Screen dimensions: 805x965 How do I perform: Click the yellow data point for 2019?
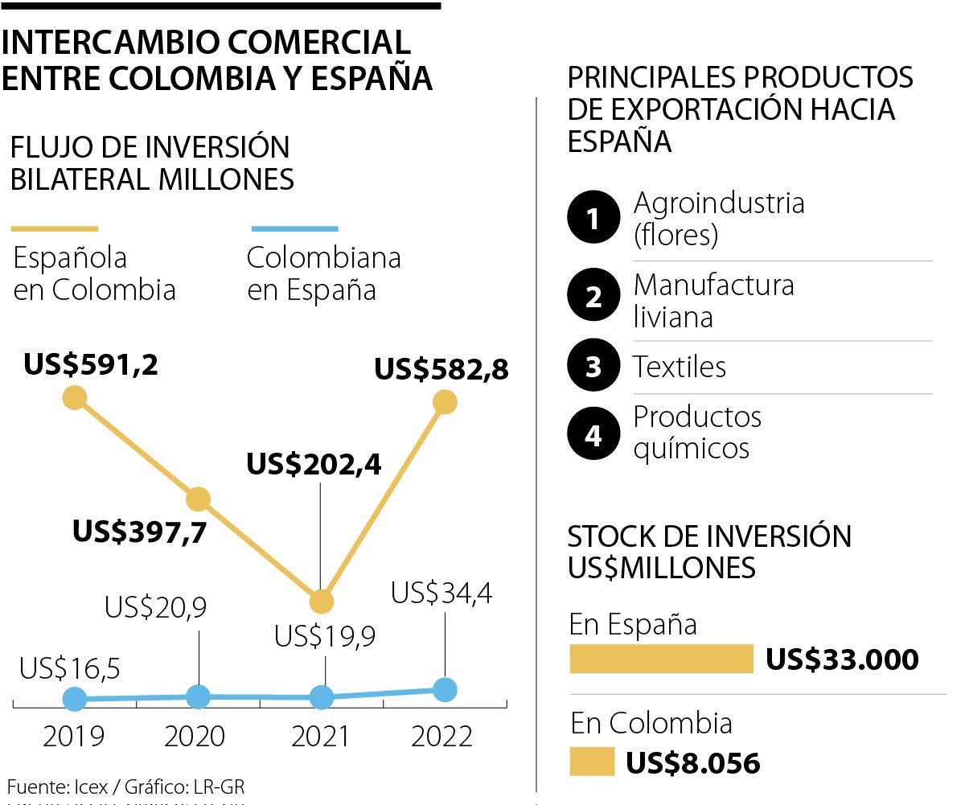pyautogui.click(x=75, y=397)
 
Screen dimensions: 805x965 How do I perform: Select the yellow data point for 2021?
pyautogui.click(x=321, y=601)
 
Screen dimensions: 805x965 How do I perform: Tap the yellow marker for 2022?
pyautogui.click(x=444, y=401)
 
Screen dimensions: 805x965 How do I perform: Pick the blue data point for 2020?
pyautogui.click(x=198, y=696)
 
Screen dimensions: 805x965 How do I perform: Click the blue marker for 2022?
pyautogui.click(x=444, y=689)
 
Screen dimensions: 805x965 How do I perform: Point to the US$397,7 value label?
pyautogui.click(x=139, y=532)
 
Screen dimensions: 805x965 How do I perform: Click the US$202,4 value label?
pyautogui.click(x=314, y=464)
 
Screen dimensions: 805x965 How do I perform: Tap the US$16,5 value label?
pyautogui.click(x=70, y=668)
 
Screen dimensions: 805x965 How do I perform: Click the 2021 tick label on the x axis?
pyautogui.click(x=319, y=737)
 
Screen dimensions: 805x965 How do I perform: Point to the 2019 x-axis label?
pyautogui.click(x=74, y=737)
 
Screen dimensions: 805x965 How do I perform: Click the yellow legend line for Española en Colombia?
pyautogui.click(x=55, y=229)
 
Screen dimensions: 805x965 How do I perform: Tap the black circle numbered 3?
pyautogui.click(x=593, y=368)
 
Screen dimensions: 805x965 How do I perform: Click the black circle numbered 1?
pyautogui.click(x=593, y=218)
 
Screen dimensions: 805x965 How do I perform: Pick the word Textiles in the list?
pyautogui.click(x=680, y=368)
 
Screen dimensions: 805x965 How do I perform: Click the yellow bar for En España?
pyautogui.click(x=661, y=659)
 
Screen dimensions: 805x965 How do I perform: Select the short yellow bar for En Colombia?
pyautogui.click(x=592, y=762)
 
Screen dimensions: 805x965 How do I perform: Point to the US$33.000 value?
pyautogui.click(x=842, y=660)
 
